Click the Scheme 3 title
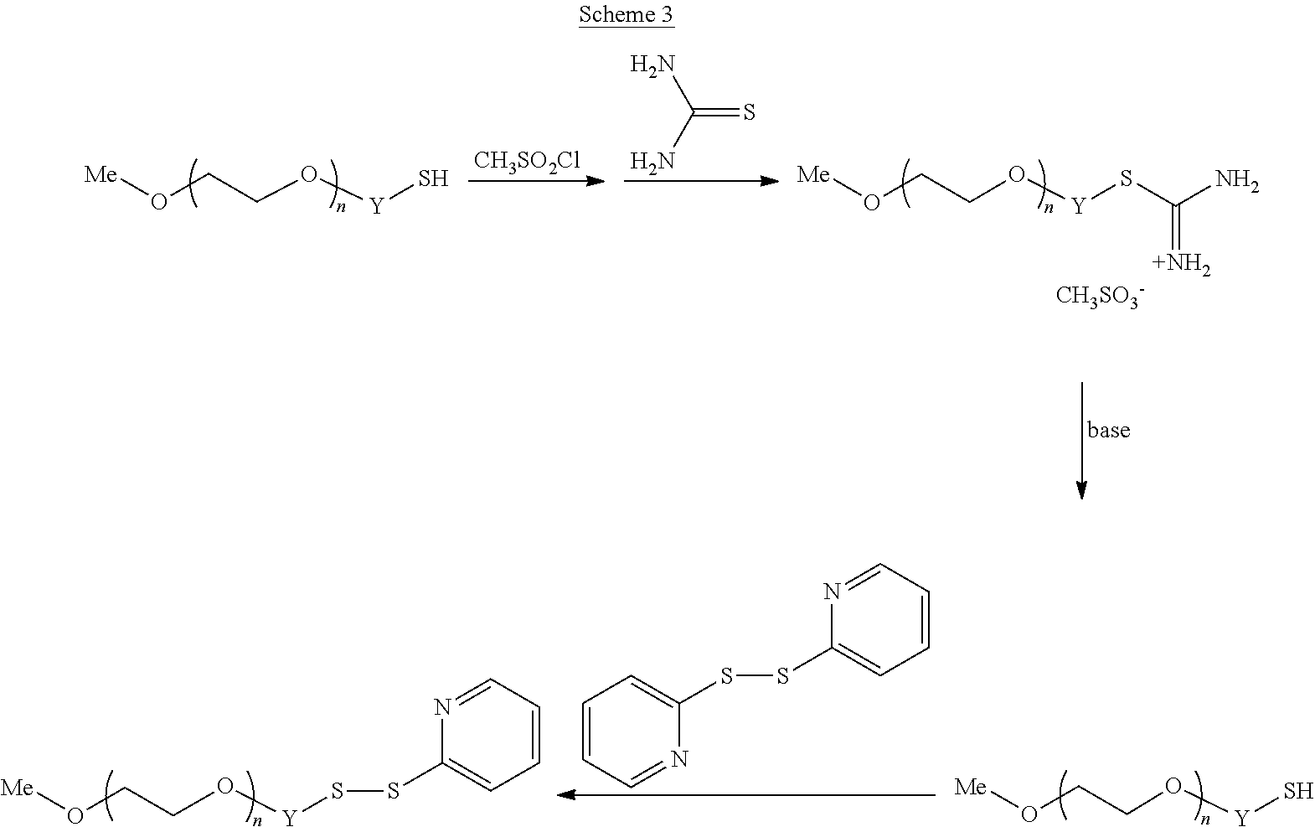626,14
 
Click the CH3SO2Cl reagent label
527,160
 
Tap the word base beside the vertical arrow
1108,430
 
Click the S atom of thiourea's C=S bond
749,112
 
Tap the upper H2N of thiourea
652,65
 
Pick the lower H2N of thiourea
652,161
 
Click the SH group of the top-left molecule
433,178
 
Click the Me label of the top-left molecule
101,174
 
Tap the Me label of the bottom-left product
17,788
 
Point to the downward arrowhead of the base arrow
1081,490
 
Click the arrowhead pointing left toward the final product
565,794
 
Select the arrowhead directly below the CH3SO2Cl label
596,181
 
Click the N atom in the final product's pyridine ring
442,707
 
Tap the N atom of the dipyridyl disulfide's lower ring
679,759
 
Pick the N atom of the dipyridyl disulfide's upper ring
832,592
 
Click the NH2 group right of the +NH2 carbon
1237,180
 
